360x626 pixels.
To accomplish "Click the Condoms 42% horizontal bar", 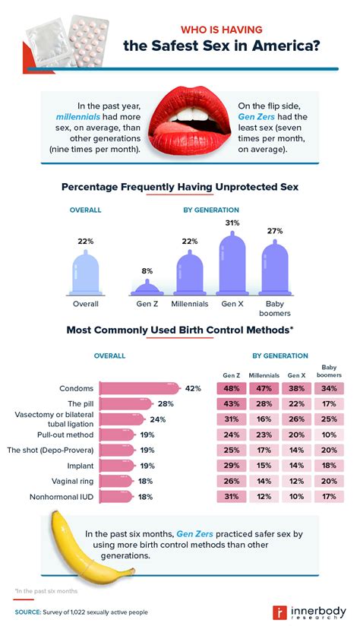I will (140, 388).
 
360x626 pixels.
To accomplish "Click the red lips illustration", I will (180, 122).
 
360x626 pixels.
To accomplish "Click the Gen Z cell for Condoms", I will (230, 387).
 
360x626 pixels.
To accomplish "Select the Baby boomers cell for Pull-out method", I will (328, 435).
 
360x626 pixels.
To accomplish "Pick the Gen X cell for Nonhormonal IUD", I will (295, 496).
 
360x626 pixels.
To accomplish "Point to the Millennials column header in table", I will (263, 375).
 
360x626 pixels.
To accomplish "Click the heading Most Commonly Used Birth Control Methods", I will (179, 330).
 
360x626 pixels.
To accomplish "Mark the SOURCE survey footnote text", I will (81, 611).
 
